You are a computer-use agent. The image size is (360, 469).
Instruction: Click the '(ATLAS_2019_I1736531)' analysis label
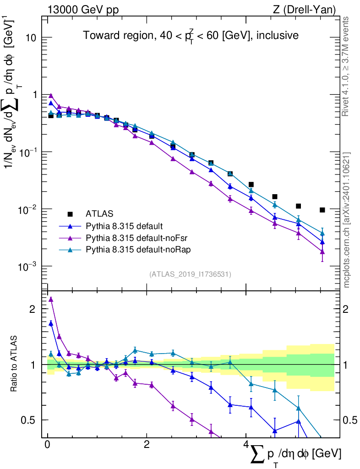(190, 274)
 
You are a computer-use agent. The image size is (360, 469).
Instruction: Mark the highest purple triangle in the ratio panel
(51, 300)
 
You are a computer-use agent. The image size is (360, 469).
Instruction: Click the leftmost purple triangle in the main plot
(51, 96)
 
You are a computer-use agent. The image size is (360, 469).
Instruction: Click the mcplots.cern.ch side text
(347, 220)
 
